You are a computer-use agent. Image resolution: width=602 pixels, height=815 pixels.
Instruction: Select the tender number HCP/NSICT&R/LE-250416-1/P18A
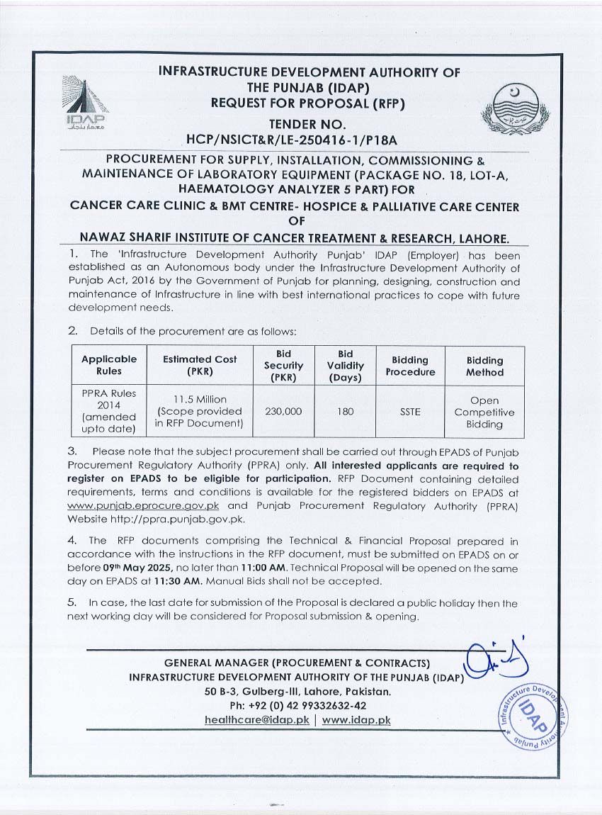click(x=301, y=140)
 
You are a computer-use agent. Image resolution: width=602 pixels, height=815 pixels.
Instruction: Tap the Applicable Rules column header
click(x=109, y=365)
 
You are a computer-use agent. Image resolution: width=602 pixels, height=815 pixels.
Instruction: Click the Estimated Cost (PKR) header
click(x=200, y=365)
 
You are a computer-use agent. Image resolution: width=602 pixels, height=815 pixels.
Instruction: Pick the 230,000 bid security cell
click(x=283, y=412)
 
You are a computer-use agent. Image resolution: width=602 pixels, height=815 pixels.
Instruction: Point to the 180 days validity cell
click(x=346, y=412)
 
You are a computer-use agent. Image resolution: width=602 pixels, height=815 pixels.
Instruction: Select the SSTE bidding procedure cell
click(x=410, y=412)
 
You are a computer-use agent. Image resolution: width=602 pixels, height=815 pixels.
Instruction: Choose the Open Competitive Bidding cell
click(x=484, y=412)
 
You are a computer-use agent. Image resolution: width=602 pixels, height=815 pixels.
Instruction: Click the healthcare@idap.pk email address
click(x=256, y=720)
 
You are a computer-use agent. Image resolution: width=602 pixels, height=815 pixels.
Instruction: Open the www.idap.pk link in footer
click(x=356, y=720)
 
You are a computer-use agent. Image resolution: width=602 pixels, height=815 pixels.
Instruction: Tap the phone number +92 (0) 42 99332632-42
click(x=297, y=706)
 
